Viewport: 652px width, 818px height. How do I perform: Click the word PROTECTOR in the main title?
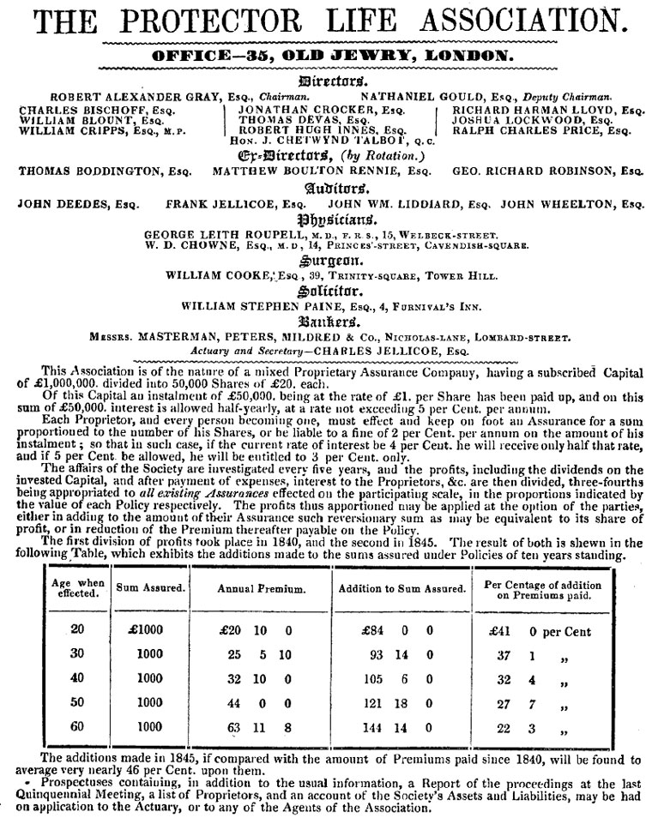pyautogui.click(x=212, y=21)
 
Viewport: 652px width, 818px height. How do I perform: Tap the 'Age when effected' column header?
pyautogui.click(x=77, y=588)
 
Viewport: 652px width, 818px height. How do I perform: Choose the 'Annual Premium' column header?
pyautogui.click(x=261, y=589)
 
